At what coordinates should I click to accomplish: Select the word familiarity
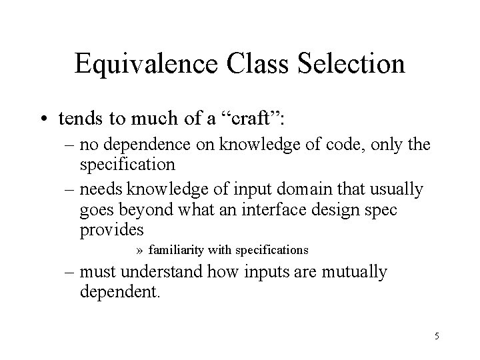tap(177, 250)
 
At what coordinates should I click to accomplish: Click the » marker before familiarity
tap(139, 251)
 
